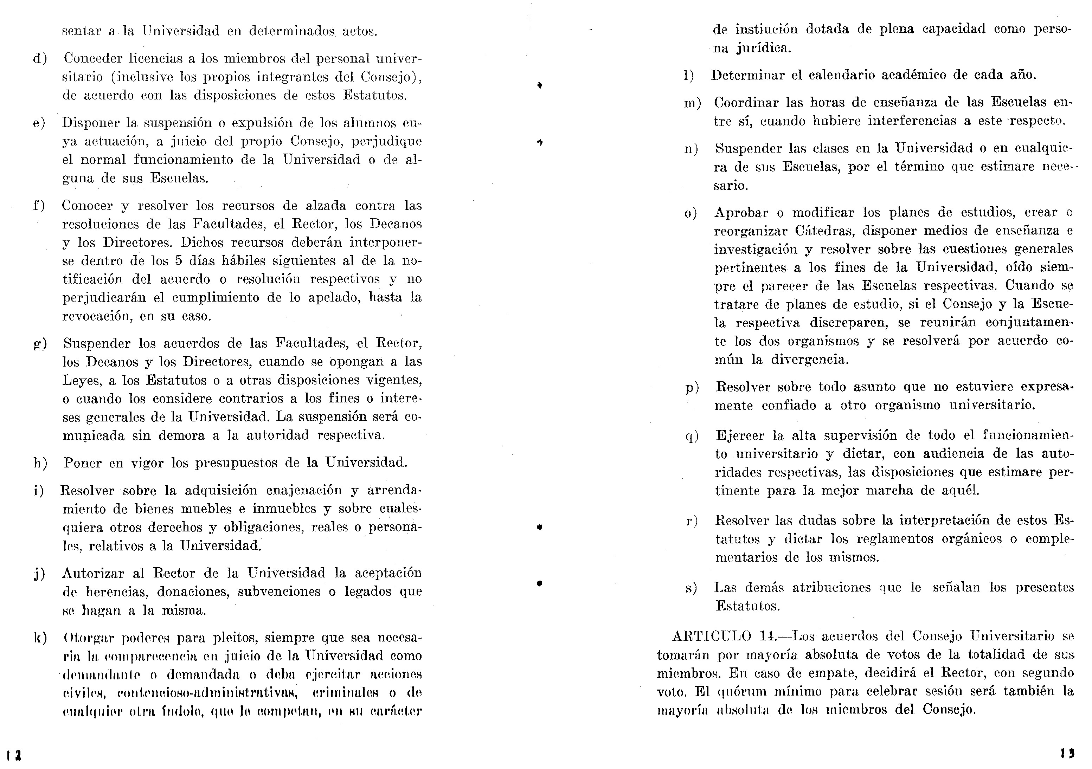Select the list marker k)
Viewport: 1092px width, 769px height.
click(40, 638)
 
